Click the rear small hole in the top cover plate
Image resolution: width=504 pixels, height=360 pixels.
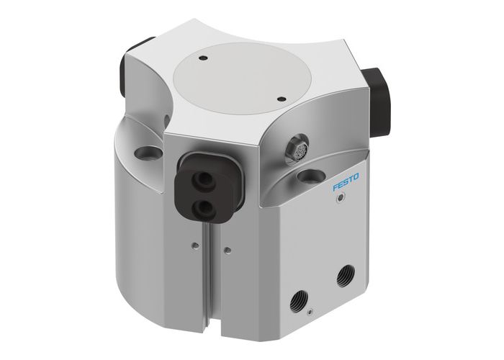coord(204,56)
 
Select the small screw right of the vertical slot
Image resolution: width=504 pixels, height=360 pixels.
coord(228,251)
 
